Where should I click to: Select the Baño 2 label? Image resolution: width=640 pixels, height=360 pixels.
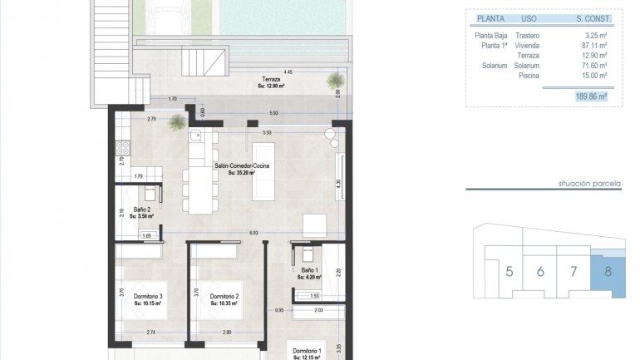[x=142, y=210]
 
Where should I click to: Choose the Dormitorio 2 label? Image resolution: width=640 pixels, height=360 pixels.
[x=224, y=298]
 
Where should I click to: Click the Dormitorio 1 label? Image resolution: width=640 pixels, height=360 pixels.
[x=306, y=352]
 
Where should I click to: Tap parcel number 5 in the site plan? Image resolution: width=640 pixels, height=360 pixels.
[x=509, y=271]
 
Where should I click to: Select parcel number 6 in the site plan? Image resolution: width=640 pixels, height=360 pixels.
[x=540, y=271]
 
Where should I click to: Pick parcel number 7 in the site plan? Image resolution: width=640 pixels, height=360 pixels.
[x=573, y=271]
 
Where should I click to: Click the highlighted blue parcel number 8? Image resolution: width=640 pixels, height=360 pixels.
[x=608, y=271]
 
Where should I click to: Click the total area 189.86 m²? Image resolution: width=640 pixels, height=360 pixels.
[x=591, y=96]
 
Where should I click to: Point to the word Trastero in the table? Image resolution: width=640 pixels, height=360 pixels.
[x=527, y=36]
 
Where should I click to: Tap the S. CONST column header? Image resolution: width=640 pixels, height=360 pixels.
[x=593, y=17]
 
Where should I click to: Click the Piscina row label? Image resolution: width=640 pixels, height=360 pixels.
[x=528, y=76]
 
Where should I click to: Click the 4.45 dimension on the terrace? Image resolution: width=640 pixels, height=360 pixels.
[x=287, y=72]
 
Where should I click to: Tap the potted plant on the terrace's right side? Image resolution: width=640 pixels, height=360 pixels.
[x=334, y=81]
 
